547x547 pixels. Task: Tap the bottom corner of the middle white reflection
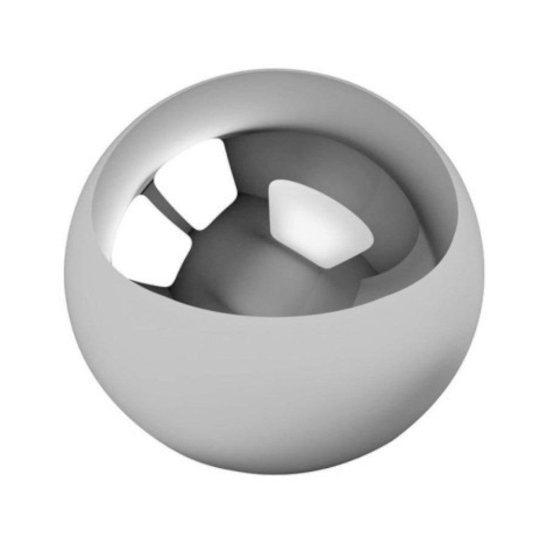tap(199, 229)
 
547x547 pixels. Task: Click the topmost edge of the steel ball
tap(273, 69)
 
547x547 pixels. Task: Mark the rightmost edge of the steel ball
tap(484, 273)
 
